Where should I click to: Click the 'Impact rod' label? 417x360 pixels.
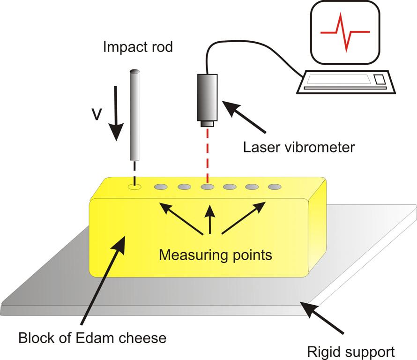(138, 47)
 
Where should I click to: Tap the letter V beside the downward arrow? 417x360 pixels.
(97, 114)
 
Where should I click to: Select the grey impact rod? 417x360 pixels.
(134, 115)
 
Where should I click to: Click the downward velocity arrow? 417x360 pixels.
(116, 113)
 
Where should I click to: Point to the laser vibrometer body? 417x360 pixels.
(207, 97)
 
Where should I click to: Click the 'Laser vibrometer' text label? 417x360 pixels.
(299, 147)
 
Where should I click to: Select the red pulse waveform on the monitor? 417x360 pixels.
(345, 32)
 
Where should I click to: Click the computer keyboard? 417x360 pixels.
(346, 82)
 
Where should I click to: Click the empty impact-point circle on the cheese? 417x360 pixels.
(134, 187)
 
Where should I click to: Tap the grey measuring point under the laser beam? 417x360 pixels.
(208, 187)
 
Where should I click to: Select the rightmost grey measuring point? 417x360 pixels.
(275, 187)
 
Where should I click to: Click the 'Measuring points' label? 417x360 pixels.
(216, 255)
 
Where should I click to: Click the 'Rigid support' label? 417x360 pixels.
(351, 352)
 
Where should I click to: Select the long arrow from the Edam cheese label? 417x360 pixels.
(103, 280)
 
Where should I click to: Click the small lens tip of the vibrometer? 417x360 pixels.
(207, 124)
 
